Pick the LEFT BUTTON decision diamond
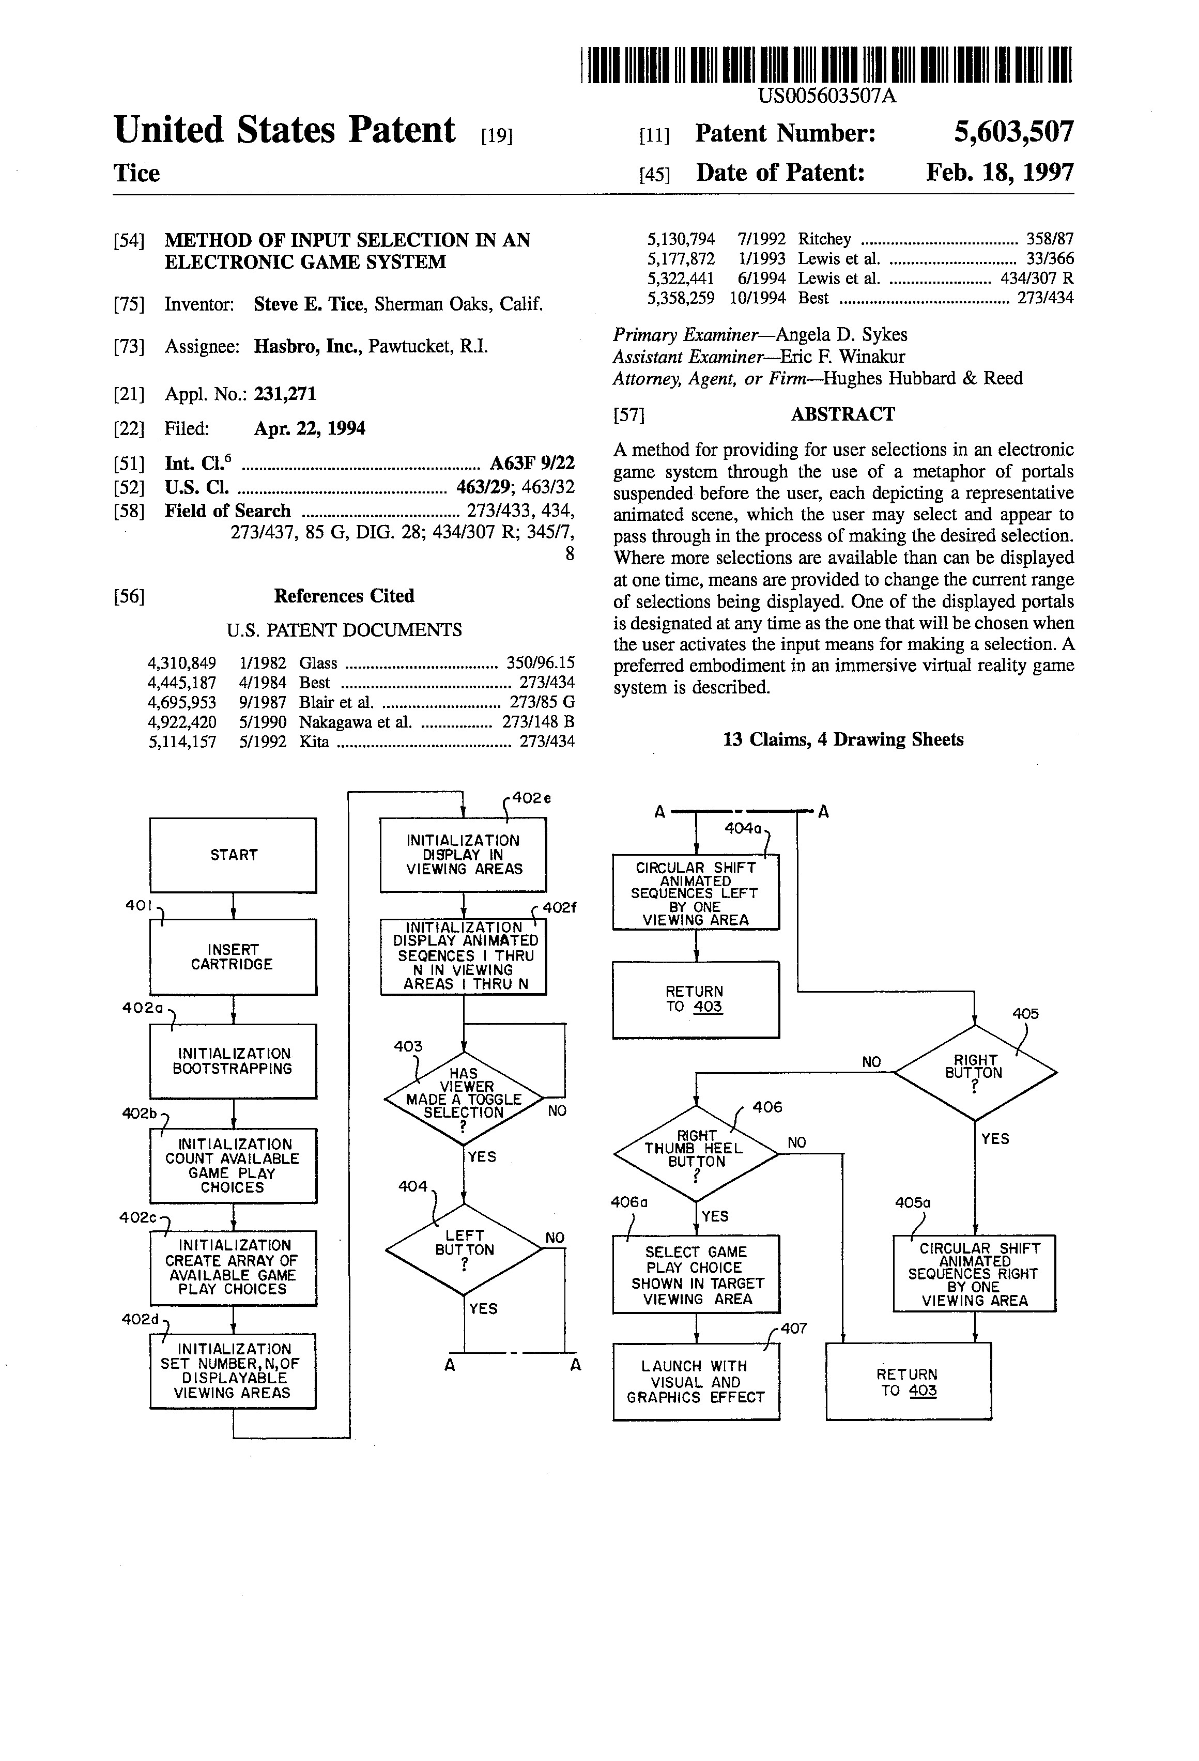click(x=464, y=1249)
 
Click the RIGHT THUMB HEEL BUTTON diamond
click(x=696, y=1153)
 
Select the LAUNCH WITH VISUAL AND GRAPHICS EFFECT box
click(x=696, y=1381)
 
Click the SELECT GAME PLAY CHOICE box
click(x=696, y=1275)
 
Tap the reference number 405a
click(x=913, y=1202)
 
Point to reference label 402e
click(x=531, y=797)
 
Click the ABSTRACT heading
click(x=843, y=414)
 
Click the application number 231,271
click(x=285, y=394)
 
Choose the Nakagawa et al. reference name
click(x=356, y=722)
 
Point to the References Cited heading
click(x=344, y=596)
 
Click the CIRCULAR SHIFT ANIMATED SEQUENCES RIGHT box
click(x=974, y=1274)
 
